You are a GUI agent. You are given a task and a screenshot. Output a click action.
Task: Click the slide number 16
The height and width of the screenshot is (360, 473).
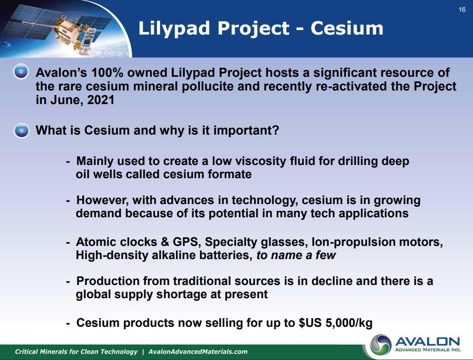point(462,10)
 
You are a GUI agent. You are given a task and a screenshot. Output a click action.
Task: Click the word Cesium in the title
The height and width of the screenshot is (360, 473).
point(347,28)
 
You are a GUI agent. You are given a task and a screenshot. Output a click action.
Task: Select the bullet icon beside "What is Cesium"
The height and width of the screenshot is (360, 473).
point(21,130)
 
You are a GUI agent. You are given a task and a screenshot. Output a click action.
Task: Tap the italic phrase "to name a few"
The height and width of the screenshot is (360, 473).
point(296,255)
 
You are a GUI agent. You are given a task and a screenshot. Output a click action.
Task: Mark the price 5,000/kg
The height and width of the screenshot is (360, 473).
point(349,323)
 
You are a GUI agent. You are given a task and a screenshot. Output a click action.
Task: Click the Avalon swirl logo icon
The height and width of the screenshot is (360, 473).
point(381,345)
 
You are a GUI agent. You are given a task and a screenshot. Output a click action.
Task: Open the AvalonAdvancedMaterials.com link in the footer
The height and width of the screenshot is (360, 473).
point(198,352)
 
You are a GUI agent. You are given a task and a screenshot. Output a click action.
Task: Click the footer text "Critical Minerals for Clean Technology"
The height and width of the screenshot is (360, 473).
point(76,352)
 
